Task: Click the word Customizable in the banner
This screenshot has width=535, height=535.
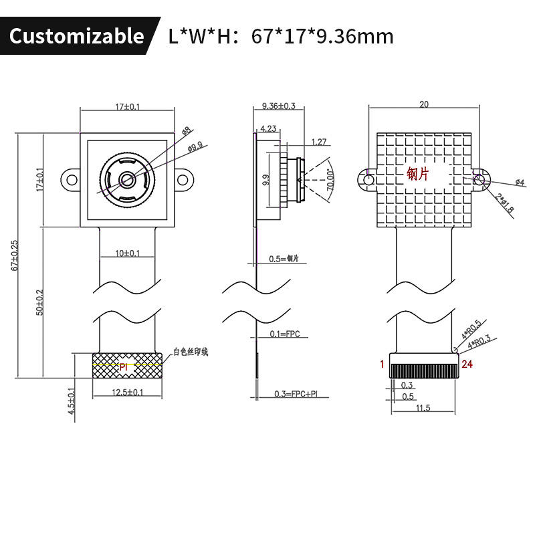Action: [x=76, y=35]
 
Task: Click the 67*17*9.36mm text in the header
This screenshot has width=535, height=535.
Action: [x=322, y=36]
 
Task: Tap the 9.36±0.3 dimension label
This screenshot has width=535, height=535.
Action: [x=279, y=106]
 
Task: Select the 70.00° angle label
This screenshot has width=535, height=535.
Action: [x=330, y=180]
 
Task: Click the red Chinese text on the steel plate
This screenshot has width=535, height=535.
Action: [x=418, y=174]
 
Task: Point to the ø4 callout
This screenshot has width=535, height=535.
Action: [x=520, y=182]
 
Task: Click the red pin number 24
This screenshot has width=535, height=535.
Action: [x=467, y=364]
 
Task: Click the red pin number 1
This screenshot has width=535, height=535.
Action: [x=382, y=364]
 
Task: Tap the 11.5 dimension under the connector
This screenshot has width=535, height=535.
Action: [x=423, y=407]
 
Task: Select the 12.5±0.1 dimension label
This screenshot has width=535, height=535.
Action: [x=127, y=393]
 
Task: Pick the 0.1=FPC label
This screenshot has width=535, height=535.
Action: [x=284, y=334]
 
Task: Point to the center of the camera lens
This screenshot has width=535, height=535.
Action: [x=126, y=179]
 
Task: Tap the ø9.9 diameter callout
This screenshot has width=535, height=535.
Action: [x=195, y=147]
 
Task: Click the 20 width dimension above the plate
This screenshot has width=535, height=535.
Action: [x=423, y=104]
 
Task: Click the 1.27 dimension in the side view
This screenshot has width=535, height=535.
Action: [x=319, y=142]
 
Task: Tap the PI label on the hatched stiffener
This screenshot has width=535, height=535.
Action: [x=123, y=367]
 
